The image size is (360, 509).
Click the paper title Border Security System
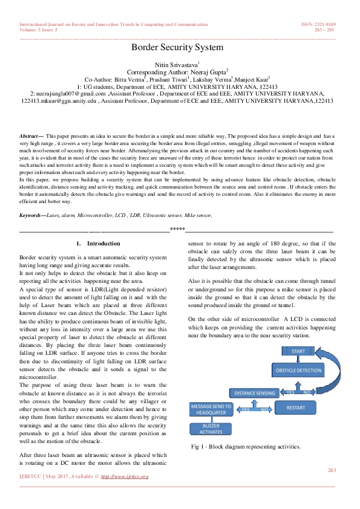pos(177,47)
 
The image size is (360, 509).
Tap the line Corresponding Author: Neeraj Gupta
pos(178,71)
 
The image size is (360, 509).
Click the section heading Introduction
pos(103,243)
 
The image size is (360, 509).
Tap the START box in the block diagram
pos(298,351)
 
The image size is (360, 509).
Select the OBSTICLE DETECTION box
pos(298,369)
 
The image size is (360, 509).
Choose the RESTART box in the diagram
pos(296,407)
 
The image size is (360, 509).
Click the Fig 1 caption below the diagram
pos(246,447)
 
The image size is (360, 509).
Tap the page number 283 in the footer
pos(331,470)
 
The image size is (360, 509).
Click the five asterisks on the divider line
pos(177,229)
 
